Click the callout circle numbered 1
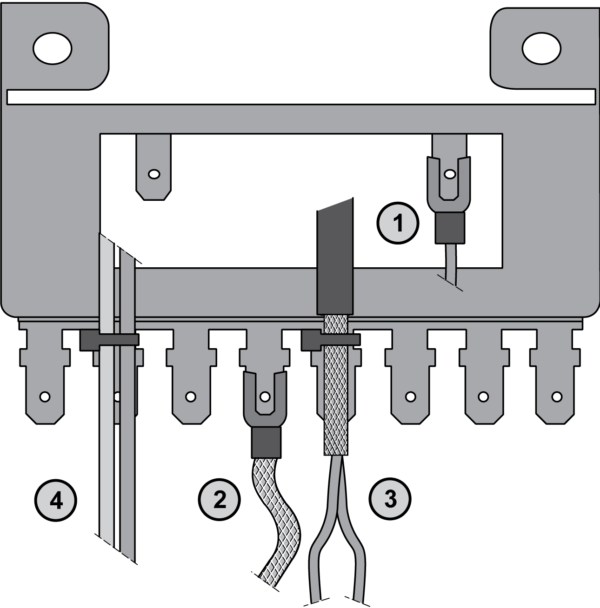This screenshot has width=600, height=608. [x=398, y=223]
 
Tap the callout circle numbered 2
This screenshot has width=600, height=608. [x=220, y=500]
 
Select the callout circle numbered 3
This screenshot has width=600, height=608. [x=390, y=499]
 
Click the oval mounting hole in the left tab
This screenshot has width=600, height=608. [x=53, y=48]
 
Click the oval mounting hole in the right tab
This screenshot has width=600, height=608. [x=541, y=49]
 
